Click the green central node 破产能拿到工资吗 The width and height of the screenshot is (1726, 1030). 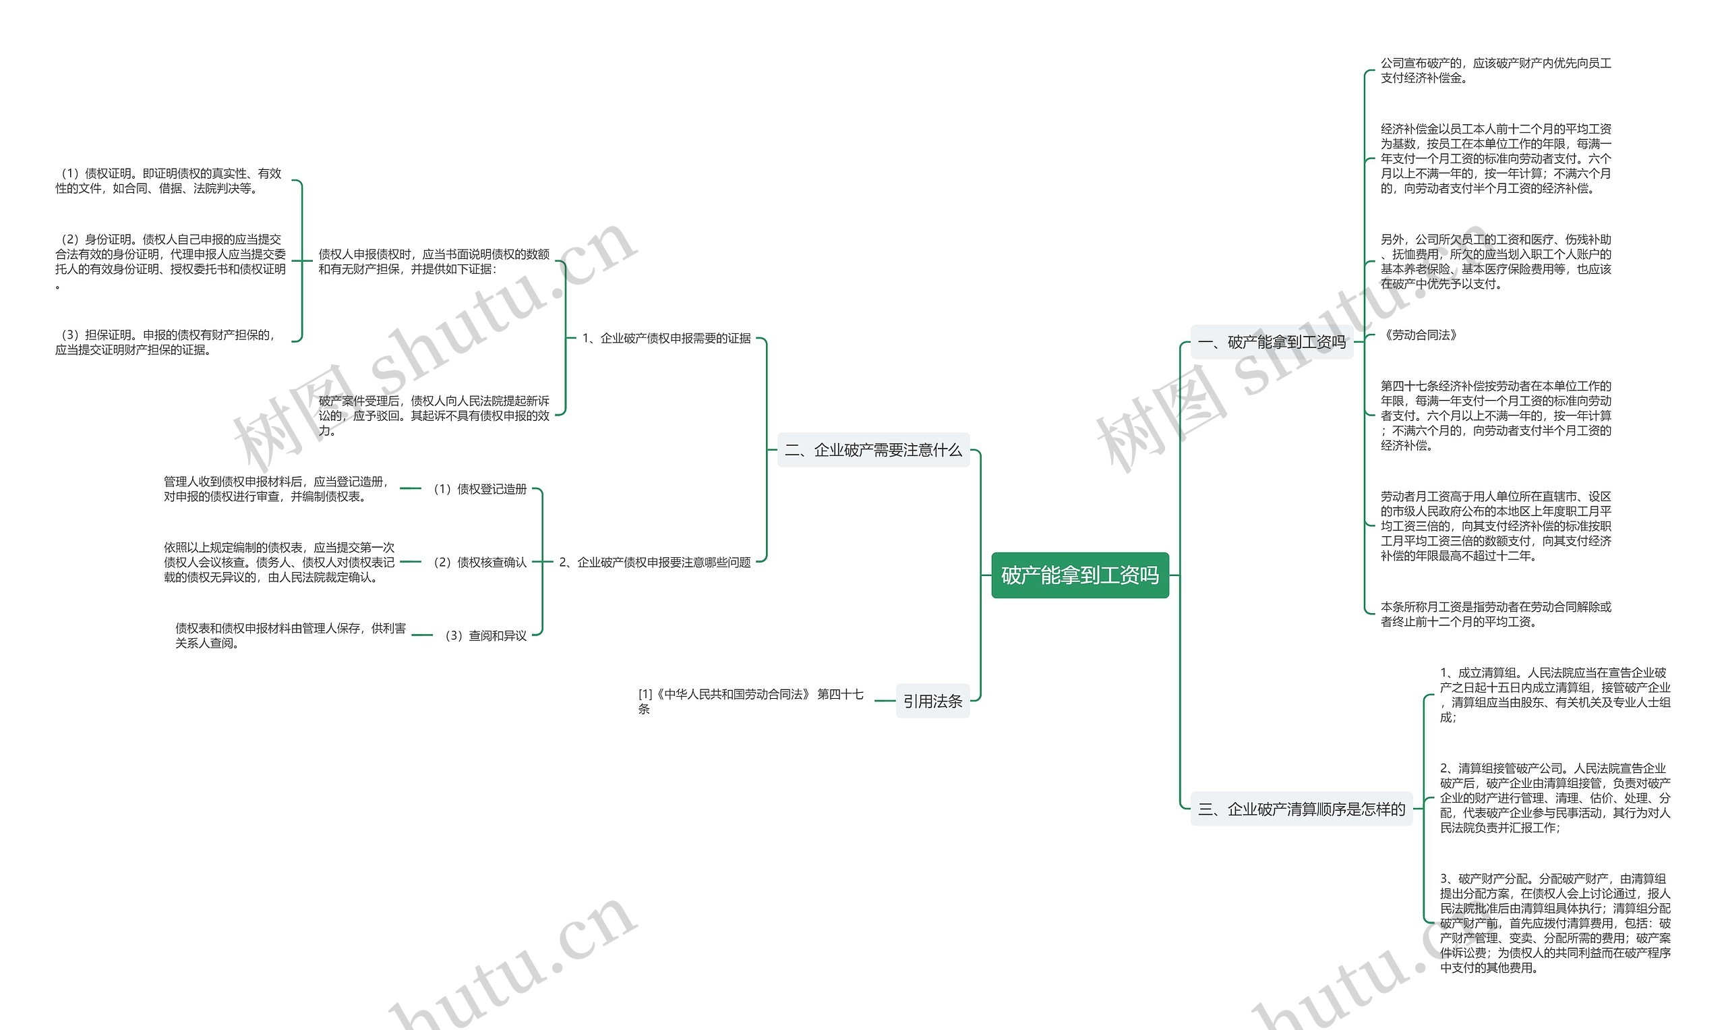pyautogui.click(x=1079, y=575)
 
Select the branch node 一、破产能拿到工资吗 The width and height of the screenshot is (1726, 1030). pyautogui.click(x=1272, y=341)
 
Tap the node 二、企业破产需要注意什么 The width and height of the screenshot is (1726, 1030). pyautogui.click(x=872, y=450)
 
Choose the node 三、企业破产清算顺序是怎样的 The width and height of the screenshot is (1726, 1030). pyautogui.click(x=1301, y=809)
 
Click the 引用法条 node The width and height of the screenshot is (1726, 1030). pyautogui.click(x=932, y=701)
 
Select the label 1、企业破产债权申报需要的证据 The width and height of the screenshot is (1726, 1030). pyautogui.click(x=666, y=338)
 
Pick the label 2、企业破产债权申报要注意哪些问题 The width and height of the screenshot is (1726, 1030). pyautogui.click(x=655, y=562)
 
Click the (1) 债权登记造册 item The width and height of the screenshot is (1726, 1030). pyautogui.click(x=480, y=488)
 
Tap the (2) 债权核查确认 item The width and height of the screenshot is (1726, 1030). pyautogui.click(x=480, y=562)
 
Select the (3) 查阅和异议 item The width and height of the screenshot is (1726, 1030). pyautogui.click(x=485, y=635)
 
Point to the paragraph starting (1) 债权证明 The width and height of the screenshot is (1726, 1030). pyautogui.click(x=169, y=181)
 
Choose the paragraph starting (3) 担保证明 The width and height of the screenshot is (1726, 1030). pyautogui.click(x=167, y=342)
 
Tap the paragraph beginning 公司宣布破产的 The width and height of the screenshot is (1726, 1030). pyautogui.click(x=1495, y=70)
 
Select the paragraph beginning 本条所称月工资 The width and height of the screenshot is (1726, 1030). pyautogui.click(x=1495, y=614)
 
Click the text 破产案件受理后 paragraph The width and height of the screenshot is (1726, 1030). pyautogui.click(x=434, y=415)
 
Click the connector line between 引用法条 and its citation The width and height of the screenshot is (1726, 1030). pyautogui.click(x=885, y=701)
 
